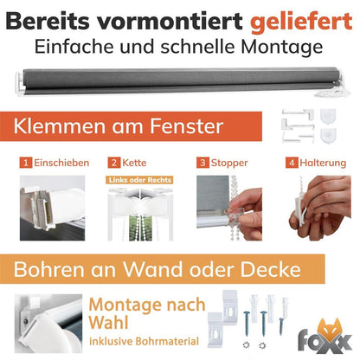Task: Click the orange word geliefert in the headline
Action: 301,22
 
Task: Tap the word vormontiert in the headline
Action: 170,21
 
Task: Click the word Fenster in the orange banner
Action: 186,126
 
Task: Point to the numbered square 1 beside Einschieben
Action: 26,163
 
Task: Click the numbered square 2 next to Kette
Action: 114,163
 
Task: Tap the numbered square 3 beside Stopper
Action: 202,163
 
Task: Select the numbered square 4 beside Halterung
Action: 292,163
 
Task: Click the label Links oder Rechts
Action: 139,180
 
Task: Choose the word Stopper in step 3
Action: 229,164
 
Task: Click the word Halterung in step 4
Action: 323,164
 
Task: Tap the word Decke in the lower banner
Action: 271,269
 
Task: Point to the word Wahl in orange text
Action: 108,323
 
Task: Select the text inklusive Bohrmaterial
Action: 144,341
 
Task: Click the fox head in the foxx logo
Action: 330,331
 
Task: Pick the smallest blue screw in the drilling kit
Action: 281,326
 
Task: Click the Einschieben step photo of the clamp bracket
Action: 53,208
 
